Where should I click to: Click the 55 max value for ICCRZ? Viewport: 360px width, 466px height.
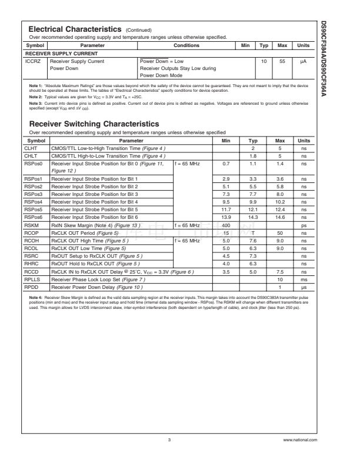(x=282, y=61)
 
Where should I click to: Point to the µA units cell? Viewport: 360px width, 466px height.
(x=303, y=61)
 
